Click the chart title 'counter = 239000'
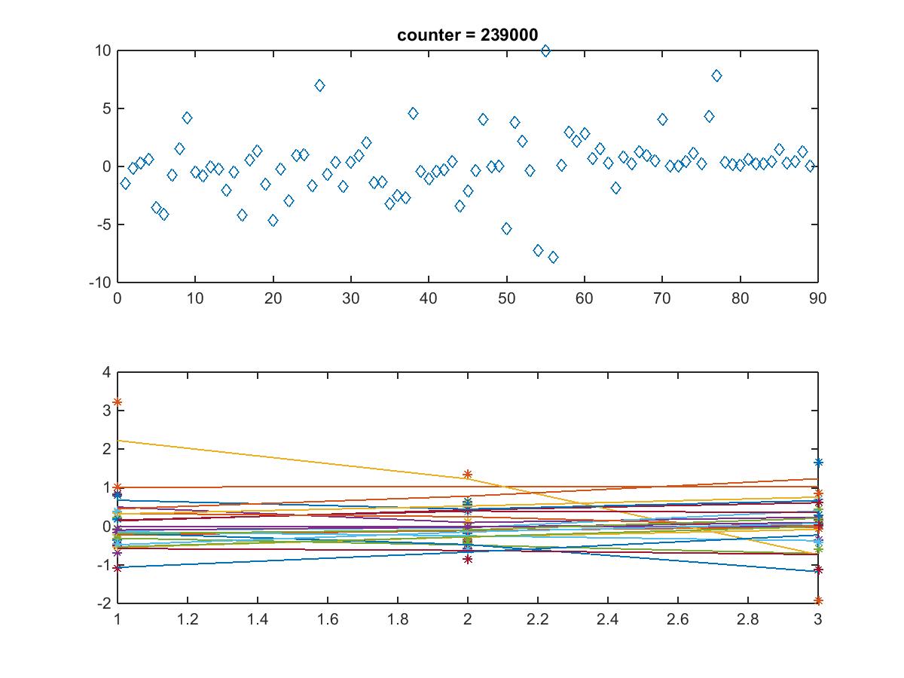tap(467, 35)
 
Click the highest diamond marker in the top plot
tap(545, 50)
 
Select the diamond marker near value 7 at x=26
tap(319, 86)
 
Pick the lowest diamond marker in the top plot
tap(553, 257)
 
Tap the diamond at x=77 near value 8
tap(716, 76)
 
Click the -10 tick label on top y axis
tap(99, 282)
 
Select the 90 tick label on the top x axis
tap(817, 298)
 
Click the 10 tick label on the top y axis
tap(102, 51)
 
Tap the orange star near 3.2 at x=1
tap(118, 402)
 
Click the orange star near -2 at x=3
tap(818, 601)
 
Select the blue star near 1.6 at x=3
tap(818, 463)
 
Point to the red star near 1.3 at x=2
tap(468, 475)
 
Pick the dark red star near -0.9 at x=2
tap(468, 560)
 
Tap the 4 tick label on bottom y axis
tap(106, 373)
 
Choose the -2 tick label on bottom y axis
tap(102, 603)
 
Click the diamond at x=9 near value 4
tap(187, 118)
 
